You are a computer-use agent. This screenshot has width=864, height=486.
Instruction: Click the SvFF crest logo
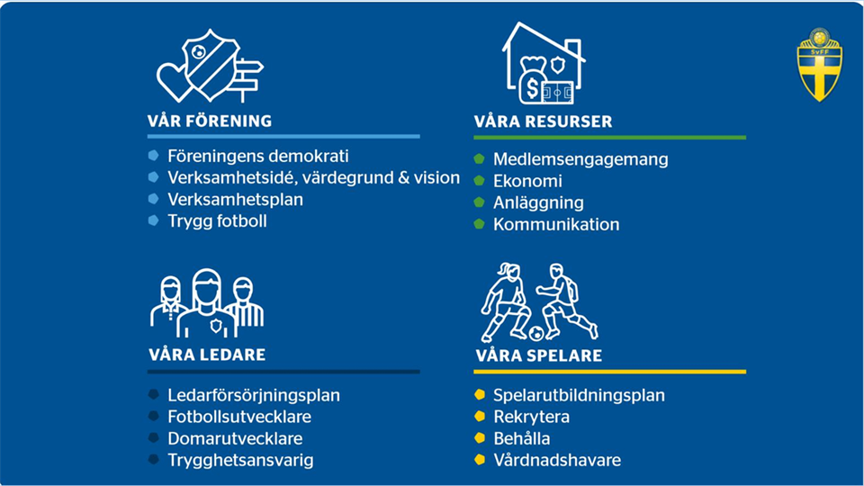coord(819,65)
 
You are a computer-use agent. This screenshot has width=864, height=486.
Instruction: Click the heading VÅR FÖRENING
coord(210,121)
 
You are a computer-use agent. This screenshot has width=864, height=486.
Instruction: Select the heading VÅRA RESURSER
coord(543,121)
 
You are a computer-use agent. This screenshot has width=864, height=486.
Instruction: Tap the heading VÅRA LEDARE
coord(207,355)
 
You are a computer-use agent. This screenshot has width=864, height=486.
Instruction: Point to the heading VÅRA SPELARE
coord(539,355)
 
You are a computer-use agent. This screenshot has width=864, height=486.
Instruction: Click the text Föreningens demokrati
coord(258,156)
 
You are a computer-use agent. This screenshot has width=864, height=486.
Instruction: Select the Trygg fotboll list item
coord(217,221)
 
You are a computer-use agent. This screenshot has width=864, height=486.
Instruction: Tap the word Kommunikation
coord(556,224)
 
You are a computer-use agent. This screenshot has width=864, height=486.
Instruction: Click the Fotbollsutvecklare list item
coord(239,417)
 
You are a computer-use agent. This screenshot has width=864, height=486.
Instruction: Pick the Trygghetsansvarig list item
coord(241,460)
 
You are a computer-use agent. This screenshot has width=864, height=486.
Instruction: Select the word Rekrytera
coord(532,417)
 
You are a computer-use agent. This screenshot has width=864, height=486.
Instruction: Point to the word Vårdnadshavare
coord(557,460)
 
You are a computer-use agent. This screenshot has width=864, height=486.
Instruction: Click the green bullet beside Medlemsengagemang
coord(480,158)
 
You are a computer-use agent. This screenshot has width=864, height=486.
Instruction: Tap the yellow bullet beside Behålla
coord(480,438)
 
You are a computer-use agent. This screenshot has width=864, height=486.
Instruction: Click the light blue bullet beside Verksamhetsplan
coord(154,199)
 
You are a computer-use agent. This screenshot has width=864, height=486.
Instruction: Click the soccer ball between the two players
coord(536,333)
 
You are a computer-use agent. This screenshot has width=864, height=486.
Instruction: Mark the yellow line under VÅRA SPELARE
coord(610,372)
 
